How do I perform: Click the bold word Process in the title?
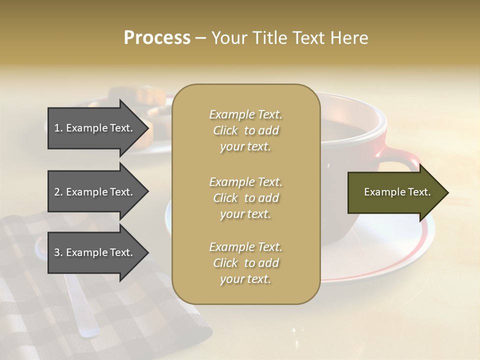(157, 38)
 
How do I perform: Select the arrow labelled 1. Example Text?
(95, 128)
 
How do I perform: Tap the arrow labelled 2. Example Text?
(95, 192)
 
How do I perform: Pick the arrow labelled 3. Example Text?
(95, 252)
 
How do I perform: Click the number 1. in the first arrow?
(58, 128)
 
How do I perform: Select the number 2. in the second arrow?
(58, 192)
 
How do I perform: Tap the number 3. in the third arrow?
(58, 252)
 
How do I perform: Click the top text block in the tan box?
(245, 130)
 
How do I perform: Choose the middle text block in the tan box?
(245, 198)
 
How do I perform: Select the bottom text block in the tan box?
(245, 263)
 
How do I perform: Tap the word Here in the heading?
(350, 38)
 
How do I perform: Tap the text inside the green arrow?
(397, 192)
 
